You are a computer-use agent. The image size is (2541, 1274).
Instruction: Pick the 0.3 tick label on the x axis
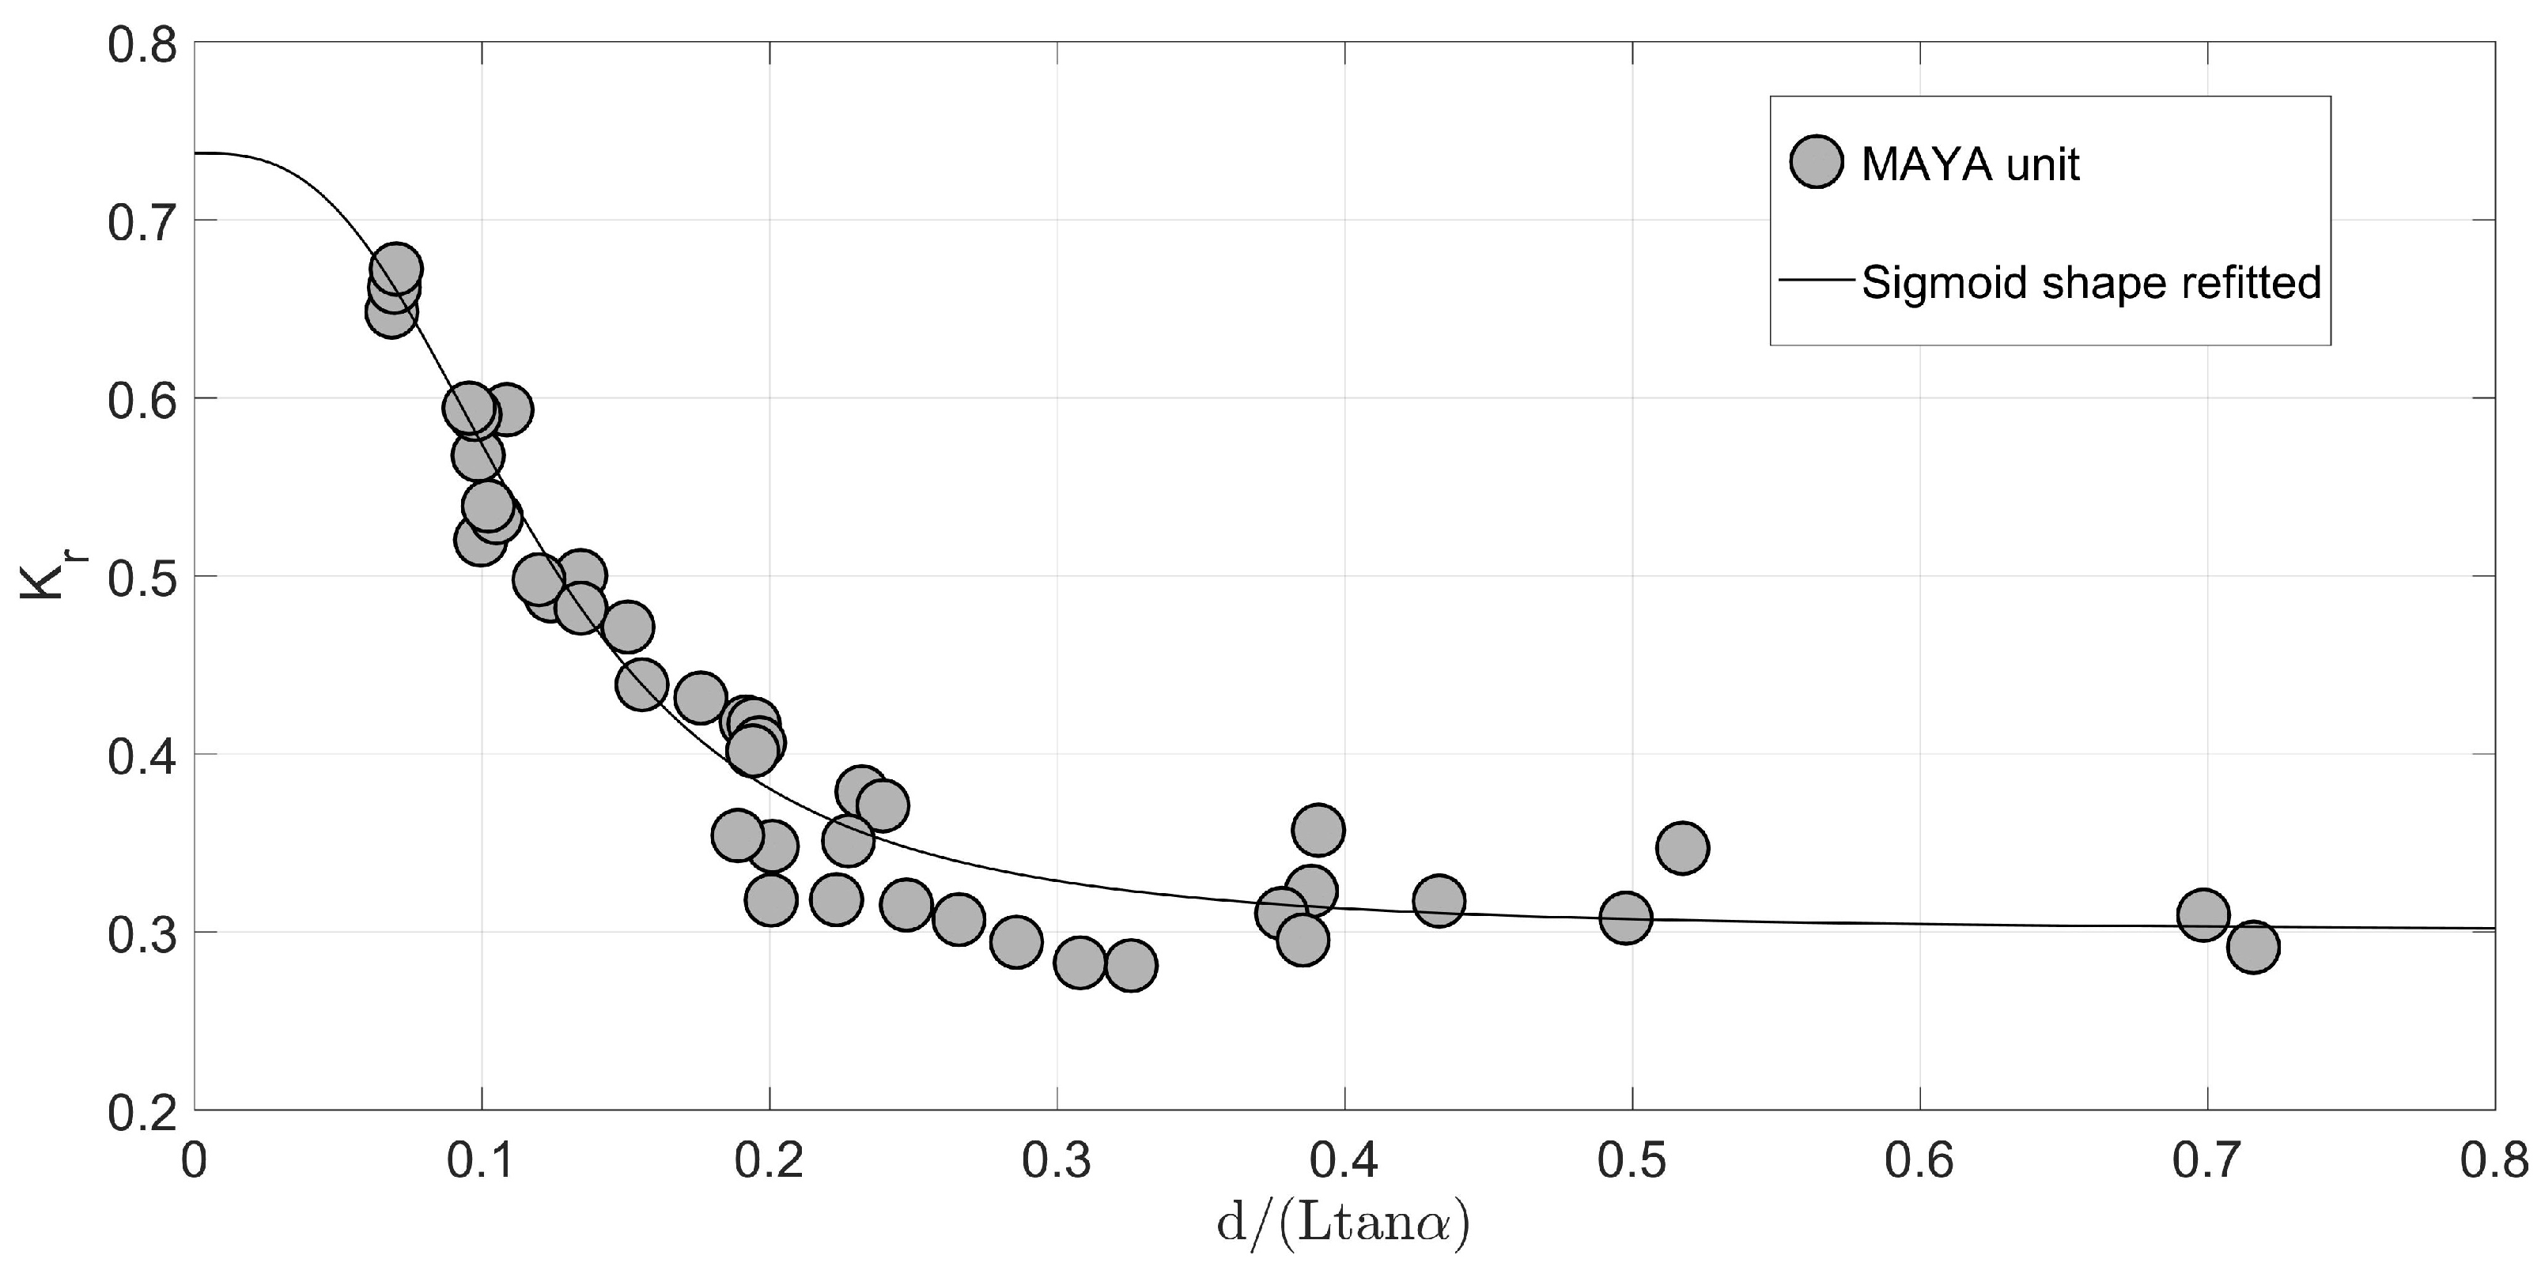[1057, 1161]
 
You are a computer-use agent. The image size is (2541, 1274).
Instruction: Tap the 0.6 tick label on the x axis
[1919, 1161]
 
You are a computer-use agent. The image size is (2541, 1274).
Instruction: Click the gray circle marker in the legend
[1816, 164]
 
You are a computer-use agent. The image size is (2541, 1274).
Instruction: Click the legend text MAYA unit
[1970, 164]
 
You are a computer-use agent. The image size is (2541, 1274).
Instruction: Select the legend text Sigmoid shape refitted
[2091, 284]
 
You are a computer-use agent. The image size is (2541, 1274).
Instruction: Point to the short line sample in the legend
[1816, 281]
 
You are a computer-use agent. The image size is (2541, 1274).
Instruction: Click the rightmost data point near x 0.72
[2253, 948]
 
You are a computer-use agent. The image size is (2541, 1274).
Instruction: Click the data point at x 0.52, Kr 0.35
[1683, 848]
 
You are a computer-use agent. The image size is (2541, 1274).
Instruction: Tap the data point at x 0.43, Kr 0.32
[1439, 901]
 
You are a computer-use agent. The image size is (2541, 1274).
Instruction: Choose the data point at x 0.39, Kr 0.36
[1318, 831]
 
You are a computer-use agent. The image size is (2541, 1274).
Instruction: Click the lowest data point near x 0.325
[1132, 965]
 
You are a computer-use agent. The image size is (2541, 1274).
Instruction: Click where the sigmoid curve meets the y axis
[195, 153]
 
